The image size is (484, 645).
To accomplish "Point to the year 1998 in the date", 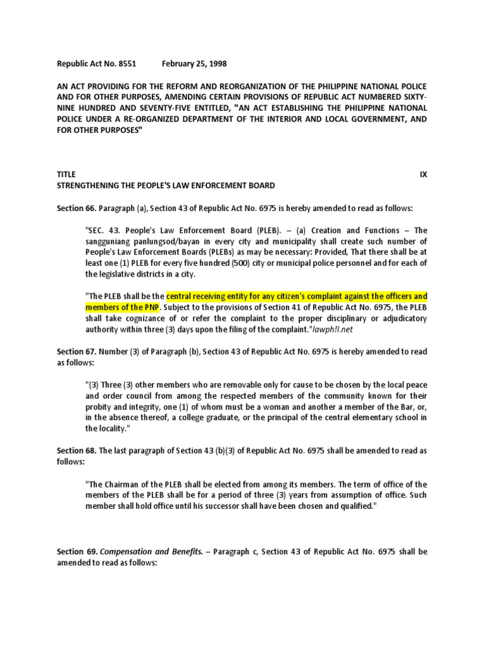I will [x=216, y=64].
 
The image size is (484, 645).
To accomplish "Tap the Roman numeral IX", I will [x=423, y=174].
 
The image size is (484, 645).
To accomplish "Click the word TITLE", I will [x=66, y=174].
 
